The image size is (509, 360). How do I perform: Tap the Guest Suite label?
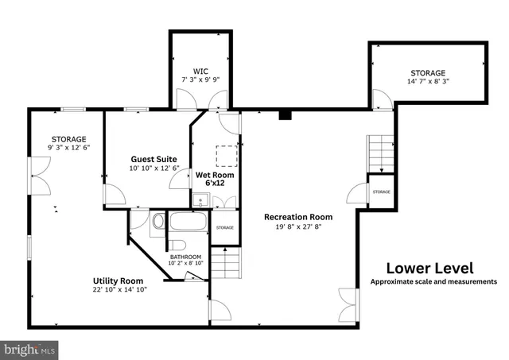pos(154,159)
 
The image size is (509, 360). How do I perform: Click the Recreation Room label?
pos(298,216)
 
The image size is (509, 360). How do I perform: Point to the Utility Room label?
pos(118,281)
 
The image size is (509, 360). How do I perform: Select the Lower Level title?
pos(429,268)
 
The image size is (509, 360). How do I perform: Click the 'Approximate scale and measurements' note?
pos(433,281)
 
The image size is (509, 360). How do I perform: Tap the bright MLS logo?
pos(30,348)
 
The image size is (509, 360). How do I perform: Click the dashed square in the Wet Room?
pos(227,155)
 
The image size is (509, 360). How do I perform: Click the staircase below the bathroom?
pos(227,261)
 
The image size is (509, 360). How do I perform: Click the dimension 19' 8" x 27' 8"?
pos(298,226)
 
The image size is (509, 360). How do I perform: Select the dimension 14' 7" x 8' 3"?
pos(428,81)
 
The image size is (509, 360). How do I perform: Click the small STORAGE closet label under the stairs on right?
pos(381,192)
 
